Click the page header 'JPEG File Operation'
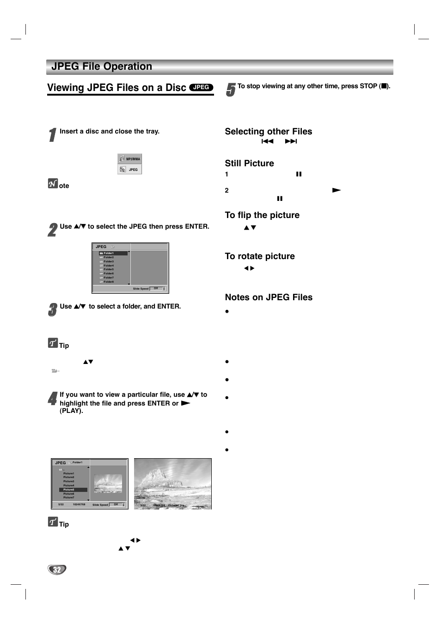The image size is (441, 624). click(102, 67)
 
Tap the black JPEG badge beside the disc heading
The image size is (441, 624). click(201, 87)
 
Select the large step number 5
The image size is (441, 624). click(231, 90)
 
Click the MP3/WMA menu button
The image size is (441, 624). click(130, 159)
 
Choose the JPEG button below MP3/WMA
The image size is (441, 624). click(130, 170)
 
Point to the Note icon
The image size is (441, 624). click(53, 184)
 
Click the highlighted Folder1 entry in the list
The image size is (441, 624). click(113, 253)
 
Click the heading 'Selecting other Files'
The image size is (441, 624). click(268, 132)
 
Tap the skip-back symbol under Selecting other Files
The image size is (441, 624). click(267, 141)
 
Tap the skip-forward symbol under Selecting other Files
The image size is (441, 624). click(291, 141)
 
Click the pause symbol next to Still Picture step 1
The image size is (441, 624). click(299, 174)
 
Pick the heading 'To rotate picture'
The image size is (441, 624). click(259, 256)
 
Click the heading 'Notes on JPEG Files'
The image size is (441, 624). click(268, 297)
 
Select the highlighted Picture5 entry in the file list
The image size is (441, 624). click(73, 490)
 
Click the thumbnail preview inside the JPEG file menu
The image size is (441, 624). click(108, 483)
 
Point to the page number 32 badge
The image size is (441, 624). click(57, 569)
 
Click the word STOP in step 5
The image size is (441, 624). click(368, 86)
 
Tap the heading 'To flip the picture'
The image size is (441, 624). click(262, 215)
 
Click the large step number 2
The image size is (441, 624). click(52, 230)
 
